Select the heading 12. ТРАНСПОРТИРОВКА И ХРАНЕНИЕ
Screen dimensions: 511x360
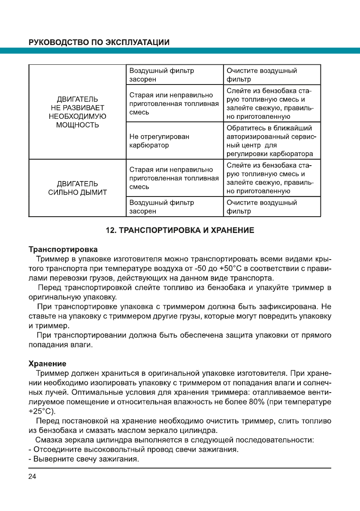coord(180,231)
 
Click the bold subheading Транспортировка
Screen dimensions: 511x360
coord(63,249)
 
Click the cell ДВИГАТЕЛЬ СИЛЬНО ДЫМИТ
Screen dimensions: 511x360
coord(77,188)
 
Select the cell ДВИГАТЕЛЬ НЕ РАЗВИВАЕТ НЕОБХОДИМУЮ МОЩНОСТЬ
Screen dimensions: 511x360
coord(77,112)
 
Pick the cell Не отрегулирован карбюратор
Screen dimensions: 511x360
coord(159,141)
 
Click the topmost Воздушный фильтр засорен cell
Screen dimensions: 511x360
coord(162,75)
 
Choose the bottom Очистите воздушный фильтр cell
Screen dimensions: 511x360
coord(262,207)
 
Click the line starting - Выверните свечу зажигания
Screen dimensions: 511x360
coord(84,460)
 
